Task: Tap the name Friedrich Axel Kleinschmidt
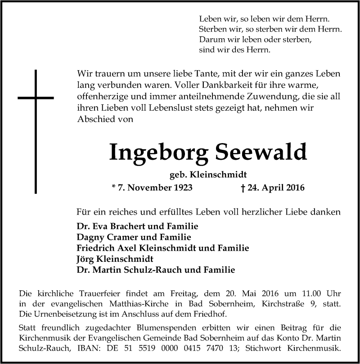click(x=138, y=248)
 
